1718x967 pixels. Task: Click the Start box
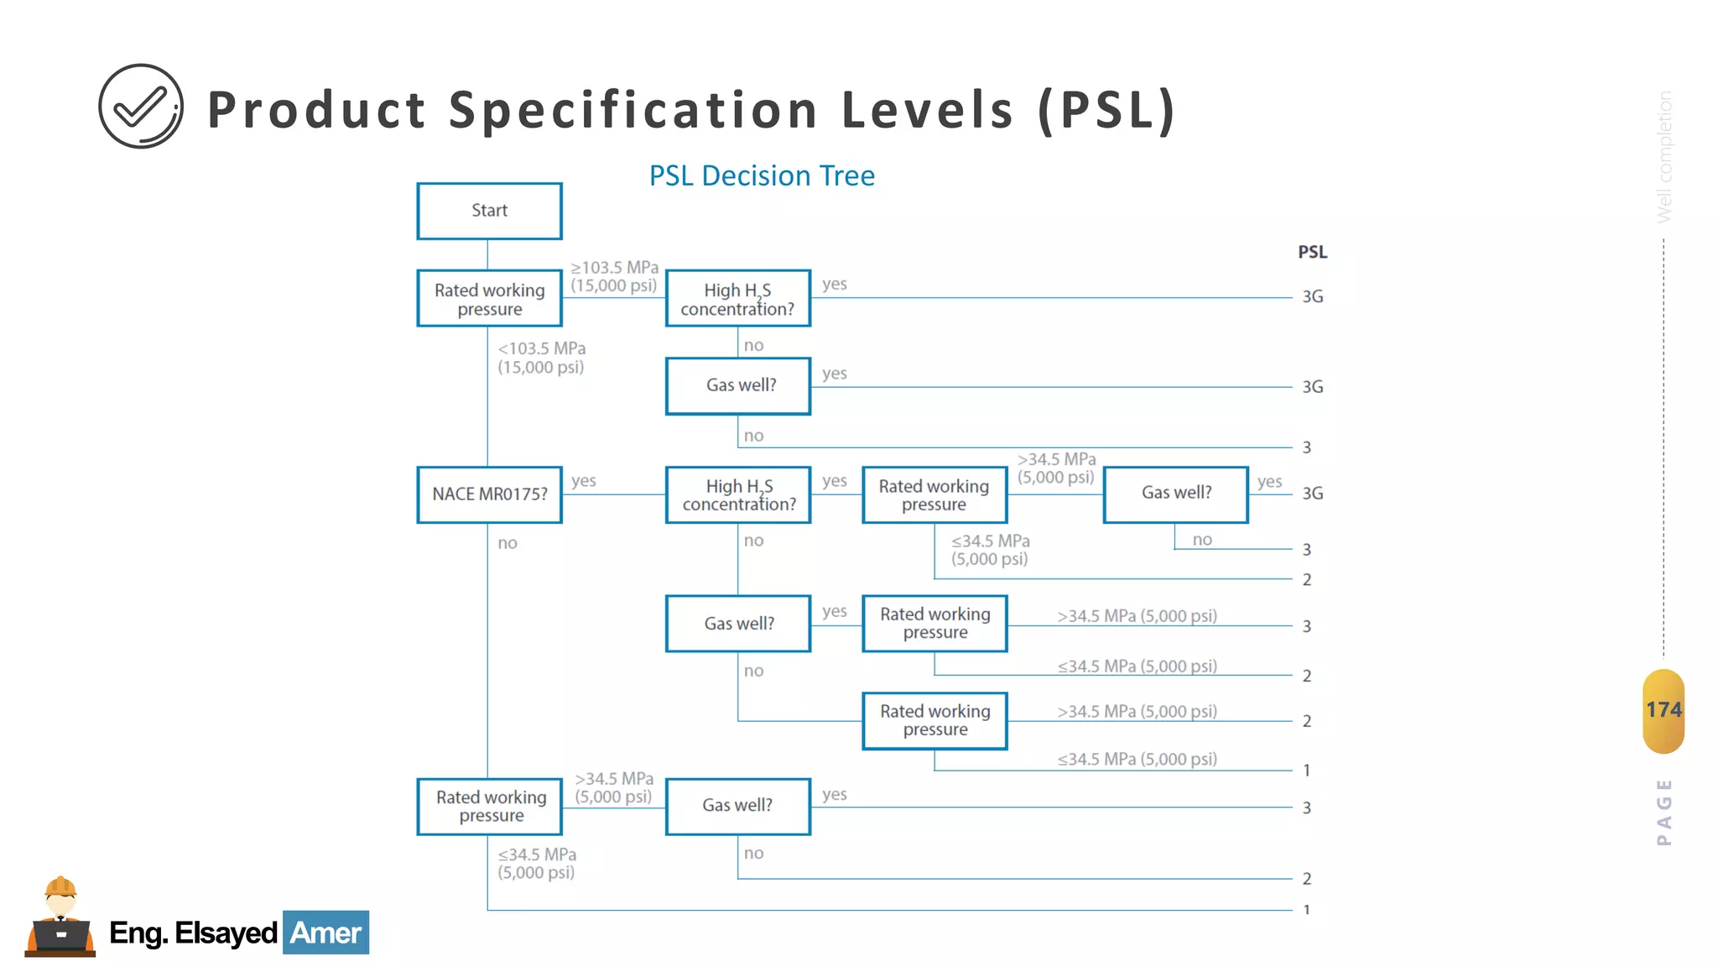[x=489, y=211]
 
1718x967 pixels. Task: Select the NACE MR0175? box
[x=489, y=494]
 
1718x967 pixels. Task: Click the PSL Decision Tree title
[x=762, y=176]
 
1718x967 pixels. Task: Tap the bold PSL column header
[x=1312, y=252]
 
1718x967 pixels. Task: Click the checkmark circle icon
[x=141, y=107]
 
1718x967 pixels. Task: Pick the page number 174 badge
[x=1663, y=710]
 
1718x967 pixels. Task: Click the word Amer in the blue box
[x=325, y=933]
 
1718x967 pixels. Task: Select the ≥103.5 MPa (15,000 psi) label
[x=614, y=276]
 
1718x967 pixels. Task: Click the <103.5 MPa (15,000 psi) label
[x=541, y=358]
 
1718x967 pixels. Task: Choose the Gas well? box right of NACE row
[x=1175, y=494]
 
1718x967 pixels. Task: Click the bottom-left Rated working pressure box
[x=490, y=806]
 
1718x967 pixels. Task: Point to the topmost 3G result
[x=1312, y=297]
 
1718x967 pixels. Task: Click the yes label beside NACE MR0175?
[x=583, y=481]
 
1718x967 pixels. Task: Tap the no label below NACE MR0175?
[x=508, y=543]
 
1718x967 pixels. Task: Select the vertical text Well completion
[x=1664, y=157]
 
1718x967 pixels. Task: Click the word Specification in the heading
[x=633, y=110]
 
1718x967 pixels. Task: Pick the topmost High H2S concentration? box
[x=737, y=299]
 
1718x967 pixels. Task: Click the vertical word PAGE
[x=1664, y=812]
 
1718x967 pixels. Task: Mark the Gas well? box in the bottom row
[x=737, y=806]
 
